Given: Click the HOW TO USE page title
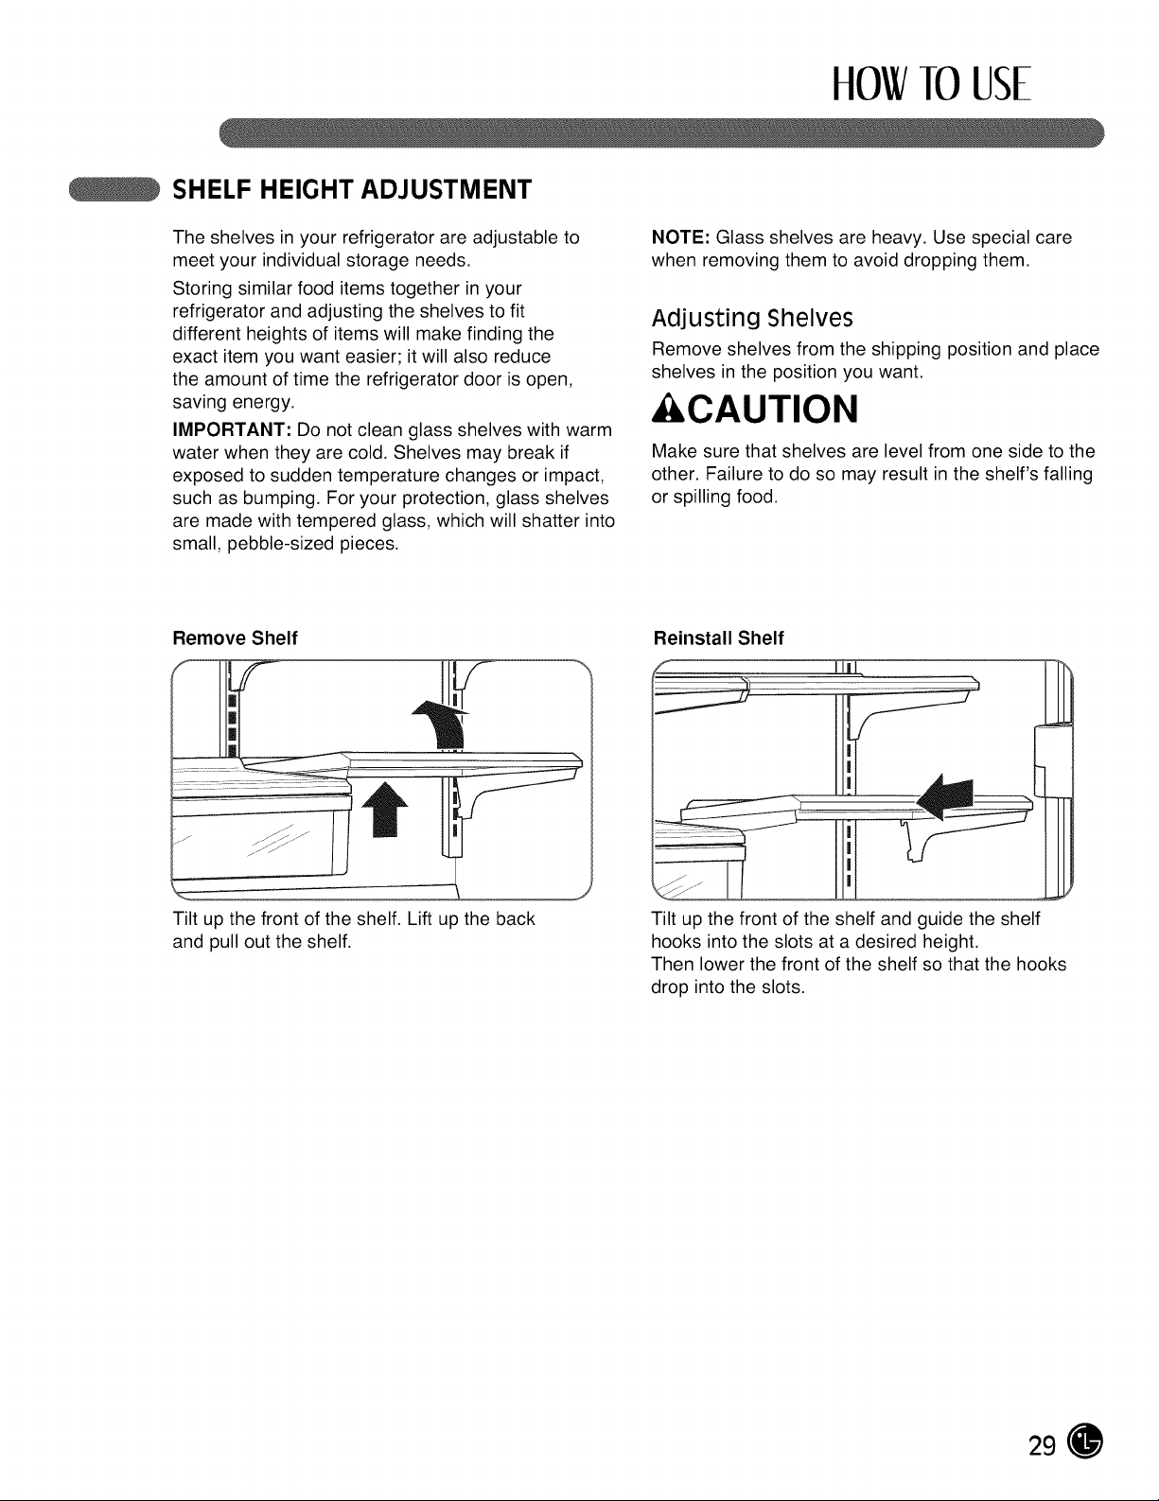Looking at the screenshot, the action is tap(931, 83).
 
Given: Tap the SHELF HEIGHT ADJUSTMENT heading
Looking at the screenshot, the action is tap(352, 189).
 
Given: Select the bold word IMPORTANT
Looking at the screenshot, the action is tap(232, 429).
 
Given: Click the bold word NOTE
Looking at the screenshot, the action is tap(681, 237).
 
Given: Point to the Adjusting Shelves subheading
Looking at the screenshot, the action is tap(752, 319).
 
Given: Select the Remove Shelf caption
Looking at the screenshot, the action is tap(235, 637).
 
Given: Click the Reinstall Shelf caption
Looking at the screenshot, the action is tap(718, 637).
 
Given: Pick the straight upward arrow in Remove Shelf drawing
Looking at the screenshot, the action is tap(385, 810).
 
